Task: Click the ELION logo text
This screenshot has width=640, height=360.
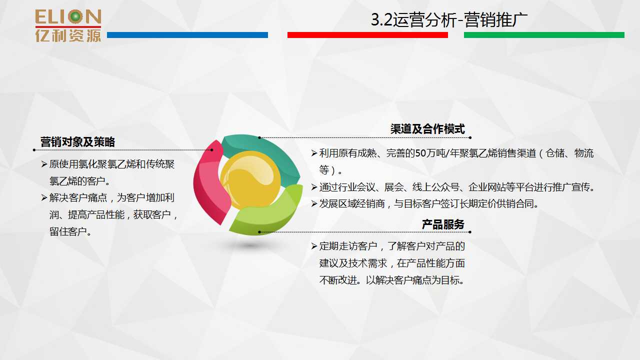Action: [68, 17]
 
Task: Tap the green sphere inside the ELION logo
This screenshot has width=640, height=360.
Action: [75, 16]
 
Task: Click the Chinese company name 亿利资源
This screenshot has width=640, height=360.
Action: [68, 36]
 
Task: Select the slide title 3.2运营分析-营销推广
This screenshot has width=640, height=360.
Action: [449, 19]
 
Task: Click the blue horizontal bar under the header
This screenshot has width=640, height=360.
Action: [187, 35]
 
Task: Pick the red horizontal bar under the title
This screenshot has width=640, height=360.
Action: [367, 35]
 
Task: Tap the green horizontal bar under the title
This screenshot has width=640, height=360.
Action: [544, 35]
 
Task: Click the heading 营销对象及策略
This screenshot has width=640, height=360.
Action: [77, 142]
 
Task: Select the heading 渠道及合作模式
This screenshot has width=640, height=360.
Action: [427, 129]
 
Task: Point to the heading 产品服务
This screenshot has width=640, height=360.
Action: [443, 224]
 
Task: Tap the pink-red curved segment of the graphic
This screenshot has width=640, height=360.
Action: [210, 183]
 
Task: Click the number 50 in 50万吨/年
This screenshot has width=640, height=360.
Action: [420, 153]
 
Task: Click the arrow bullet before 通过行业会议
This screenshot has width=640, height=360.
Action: [314, 187]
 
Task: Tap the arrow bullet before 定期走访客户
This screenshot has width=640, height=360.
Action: [314, 246]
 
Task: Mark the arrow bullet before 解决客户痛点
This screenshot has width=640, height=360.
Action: [44, 197]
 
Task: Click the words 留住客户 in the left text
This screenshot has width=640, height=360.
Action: [68, 231]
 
